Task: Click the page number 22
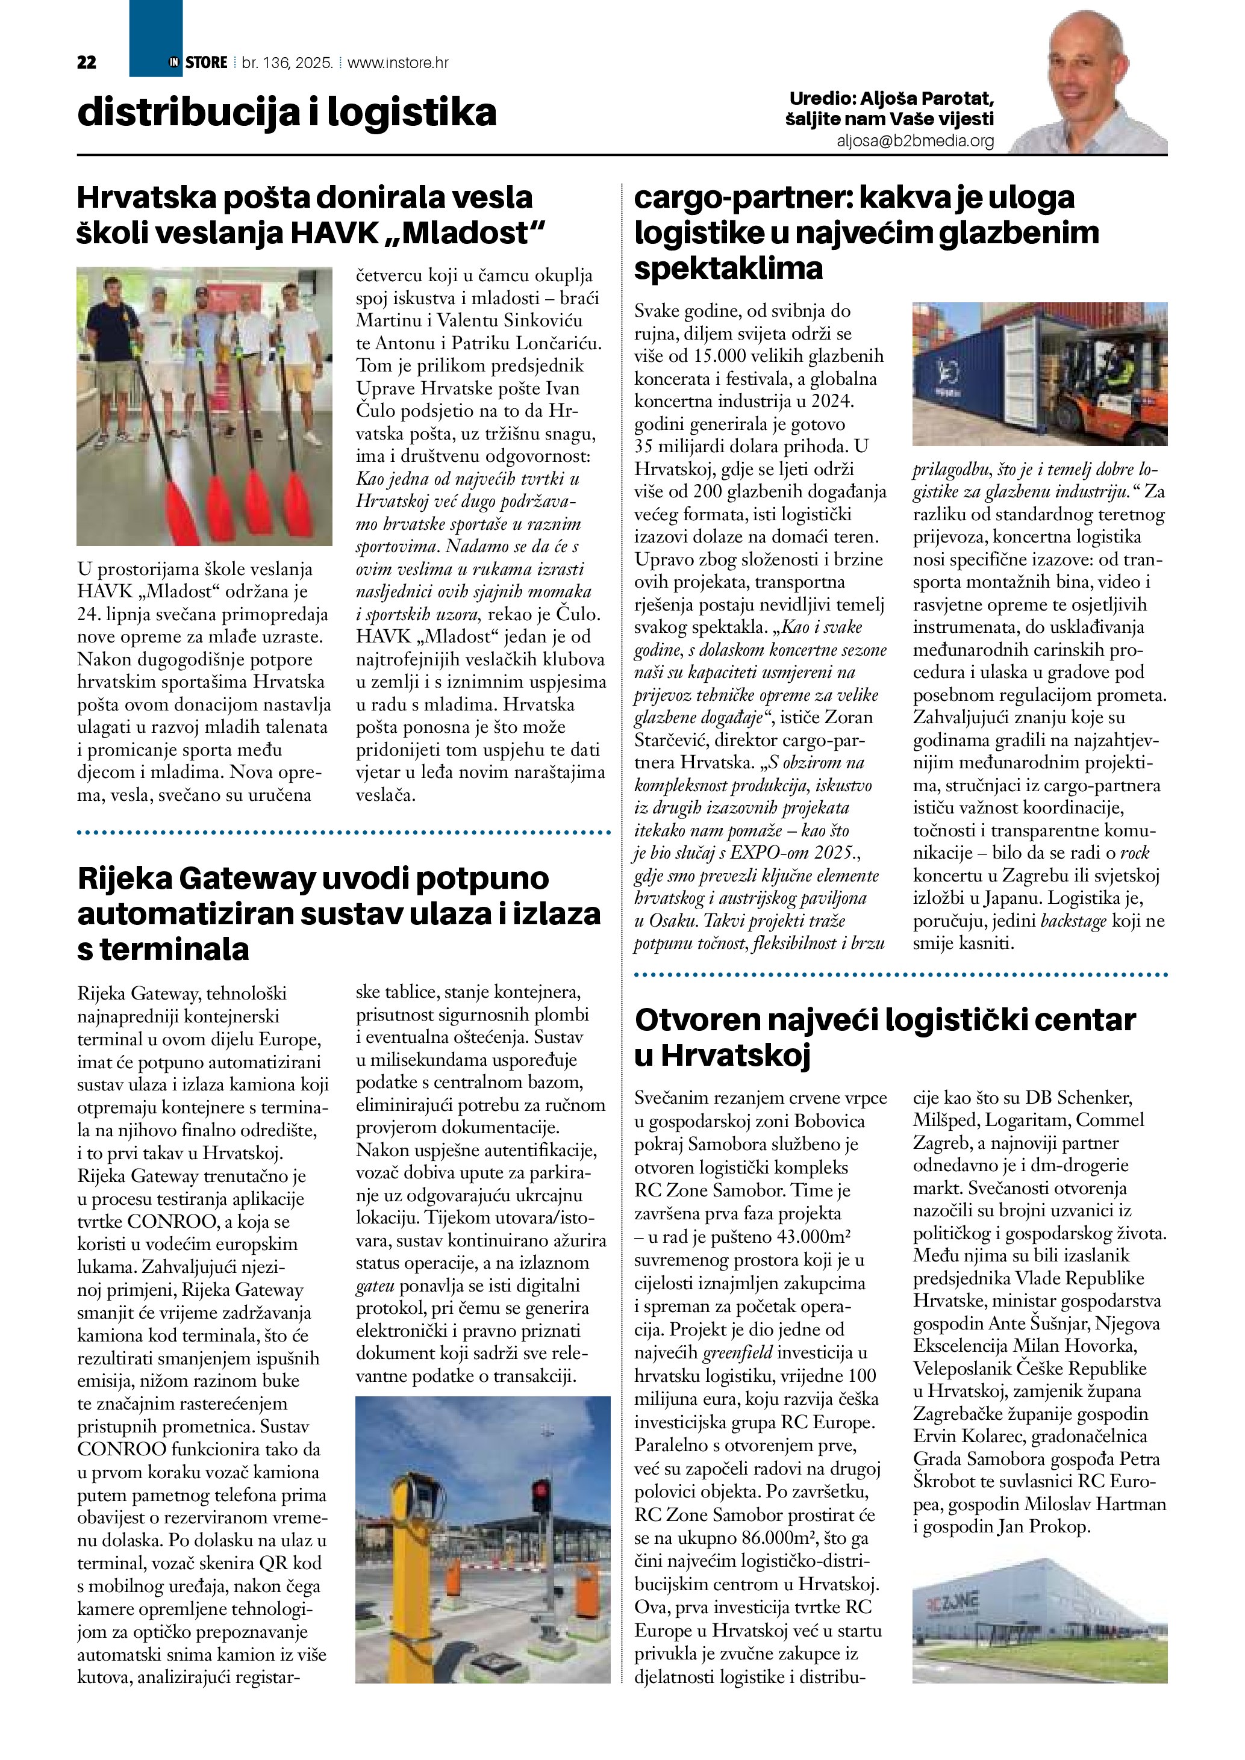click(x=87, y=63)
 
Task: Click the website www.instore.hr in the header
click(x=398, y=63)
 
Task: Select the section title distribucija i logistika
click(x=287, y=113)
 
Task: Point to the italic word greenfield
click(x=737, y=1352)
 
